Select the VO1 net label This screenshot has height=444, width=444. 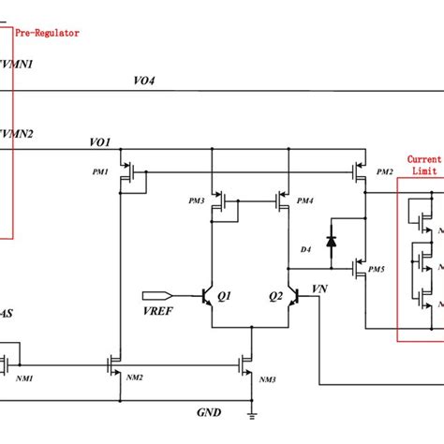tap(100, 142)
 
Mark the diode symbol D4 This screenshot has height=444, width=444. tap(330, 240)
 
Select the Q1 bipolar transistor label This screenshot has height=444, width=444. tap(224, 293)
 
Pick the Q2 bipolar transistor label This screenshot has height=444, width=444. tap(276, 293)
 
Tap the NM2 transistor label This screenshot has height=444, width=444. tap(133, 377)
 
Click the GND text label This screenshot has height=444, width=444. tap(208, 411)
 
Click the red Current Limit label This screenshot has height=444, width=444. tap(422, 166)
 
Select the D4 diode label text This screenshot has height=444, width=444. tap(305, 249)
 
